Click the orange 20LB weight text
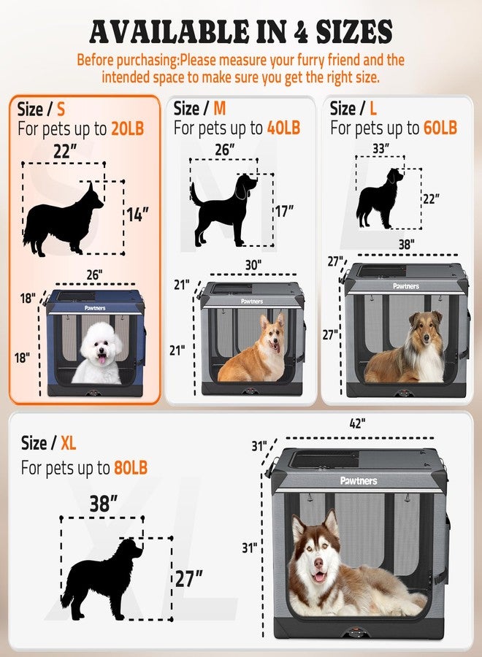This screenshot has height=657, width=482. [127, 128]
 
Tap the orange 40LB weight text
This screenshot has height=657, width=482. [284, 128]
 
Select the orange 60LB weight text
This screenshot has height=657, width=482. [440, 128]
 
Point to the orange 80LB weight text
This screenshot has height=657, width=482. [131, 468]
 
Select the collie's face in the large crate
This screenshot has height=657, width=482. [426, 331]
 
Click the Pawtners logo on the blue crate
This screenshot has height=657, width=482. [95, 308]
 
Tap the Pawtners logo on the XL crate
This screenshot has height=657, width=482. [359, 480]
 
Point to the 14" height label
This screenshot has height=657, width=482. [138, 215]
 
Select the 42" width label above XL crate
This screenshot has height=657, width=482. [358, 423]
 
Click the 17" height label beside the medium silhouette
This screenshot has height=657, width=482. [285, 211]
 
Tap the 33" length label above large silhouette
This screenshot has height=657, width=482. [381, 148]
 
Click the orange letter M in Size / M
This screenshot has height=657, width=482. [220, 109]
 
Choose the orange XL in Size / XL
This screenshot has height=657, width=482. [69, 443]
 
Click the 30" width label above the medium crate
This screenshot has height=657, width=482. [253, 265]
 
